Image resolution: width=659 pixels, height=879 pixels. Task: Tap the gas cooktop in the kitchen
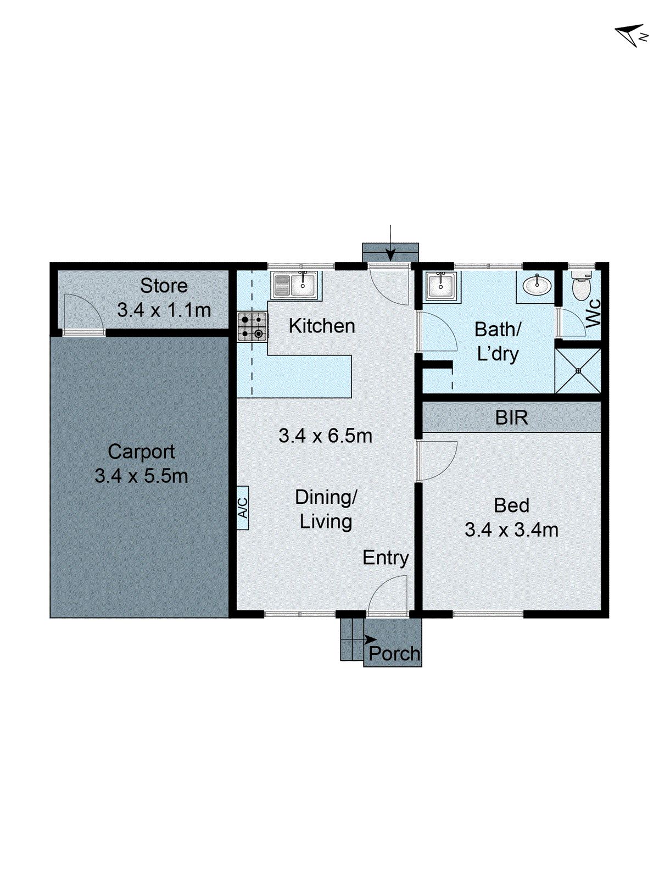point(253,327)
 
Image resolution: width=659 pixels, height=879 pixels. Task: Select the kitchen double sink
point(295,285)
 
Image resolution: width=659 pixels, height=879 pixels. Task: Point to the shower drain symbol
point(578,371)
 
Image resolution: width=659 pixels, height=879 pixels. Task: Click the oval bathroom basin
point(537,286)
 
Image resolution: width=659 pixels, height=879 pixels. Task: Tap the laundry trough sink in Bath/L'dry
point(441,286)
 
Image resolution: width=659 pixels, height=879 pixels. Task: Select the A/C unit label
point(243,508)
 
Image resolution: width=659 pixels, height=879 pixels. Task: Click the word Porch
point(394,654)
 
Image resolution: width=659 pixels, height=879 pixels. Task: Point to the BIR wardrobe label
point(511,418)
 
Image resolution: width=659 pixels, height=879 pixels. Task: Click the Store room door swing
point(82,314)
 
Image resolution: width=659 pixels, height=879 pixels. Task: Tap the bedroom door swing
point(437,460)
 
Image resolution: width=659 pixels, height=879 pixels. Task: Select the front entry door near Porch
point(388,594)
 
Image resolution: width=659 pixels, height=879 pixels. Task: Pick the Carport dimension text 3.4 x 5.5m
point(141,476)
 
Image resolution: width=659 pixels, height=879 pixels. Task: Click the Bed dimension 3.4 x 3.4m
point(511,530)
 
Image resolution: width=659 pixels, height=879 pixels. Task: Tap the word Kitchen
point(322,326)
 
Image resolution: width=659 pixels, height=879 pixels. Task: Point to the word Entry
point(386,558)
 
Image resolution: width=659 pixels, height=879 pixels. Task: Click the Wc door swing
point(571,323)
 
